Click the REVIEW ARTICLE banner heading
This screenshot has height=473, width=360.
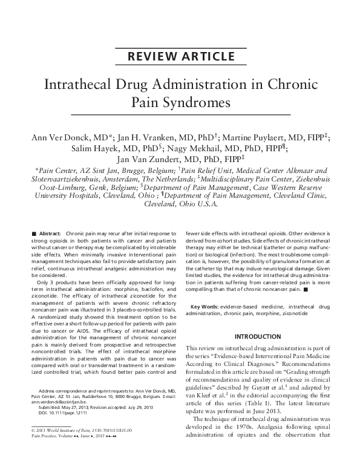tap(180, 57)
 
